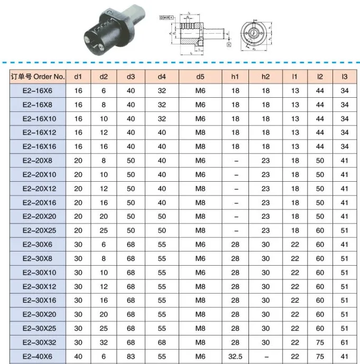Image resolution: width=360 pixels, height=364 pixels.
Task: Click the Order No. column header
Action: coord(38,77)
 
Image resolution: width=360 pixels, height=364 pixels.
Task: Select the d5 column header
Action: coord(200,77)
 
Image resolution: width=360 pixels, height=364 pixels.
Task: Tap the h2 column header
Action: coord(265,77)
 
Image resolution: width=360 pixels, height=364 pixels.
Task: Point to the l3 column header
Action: coord(345,77)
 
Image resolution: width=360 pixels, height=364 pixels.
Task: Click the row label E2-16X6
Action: coord(38,91)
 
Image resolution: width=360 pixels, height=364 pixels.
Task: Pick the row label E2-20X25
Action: coord(38,230)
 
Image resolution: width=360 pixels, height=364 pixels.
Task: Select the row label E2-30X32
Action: coord(38,342)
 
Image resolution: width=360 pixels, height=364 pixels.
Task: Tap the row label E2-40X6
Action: coord(38,357)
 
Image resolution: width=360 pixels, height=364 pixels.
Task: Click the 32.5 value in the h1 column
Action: coord(235,357)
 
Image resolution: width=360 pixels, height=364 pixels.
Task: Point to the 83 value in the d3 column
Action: coord(131,357)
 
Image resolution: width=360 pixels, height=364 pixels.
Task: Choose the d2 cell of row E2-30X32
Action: coord(104,342)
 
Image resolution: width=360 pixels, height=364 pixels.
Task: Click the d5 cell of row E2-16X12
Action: coord(200,133)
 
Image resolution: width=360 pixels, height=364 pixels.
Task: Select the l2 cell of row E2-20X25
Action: coord(320,230)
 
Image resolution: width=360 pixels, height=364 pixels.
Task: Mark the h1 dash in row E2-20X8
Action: coord(235,161)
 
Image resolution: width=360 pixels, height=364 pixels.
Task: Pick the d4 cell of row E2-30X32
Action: coord(162,342)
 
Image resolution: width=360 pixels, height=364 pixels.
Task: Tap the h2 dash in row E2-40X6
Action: coord(265,357)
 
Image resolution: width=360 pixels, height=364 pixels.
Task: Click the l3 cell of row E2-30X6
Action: coord(345,245)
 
